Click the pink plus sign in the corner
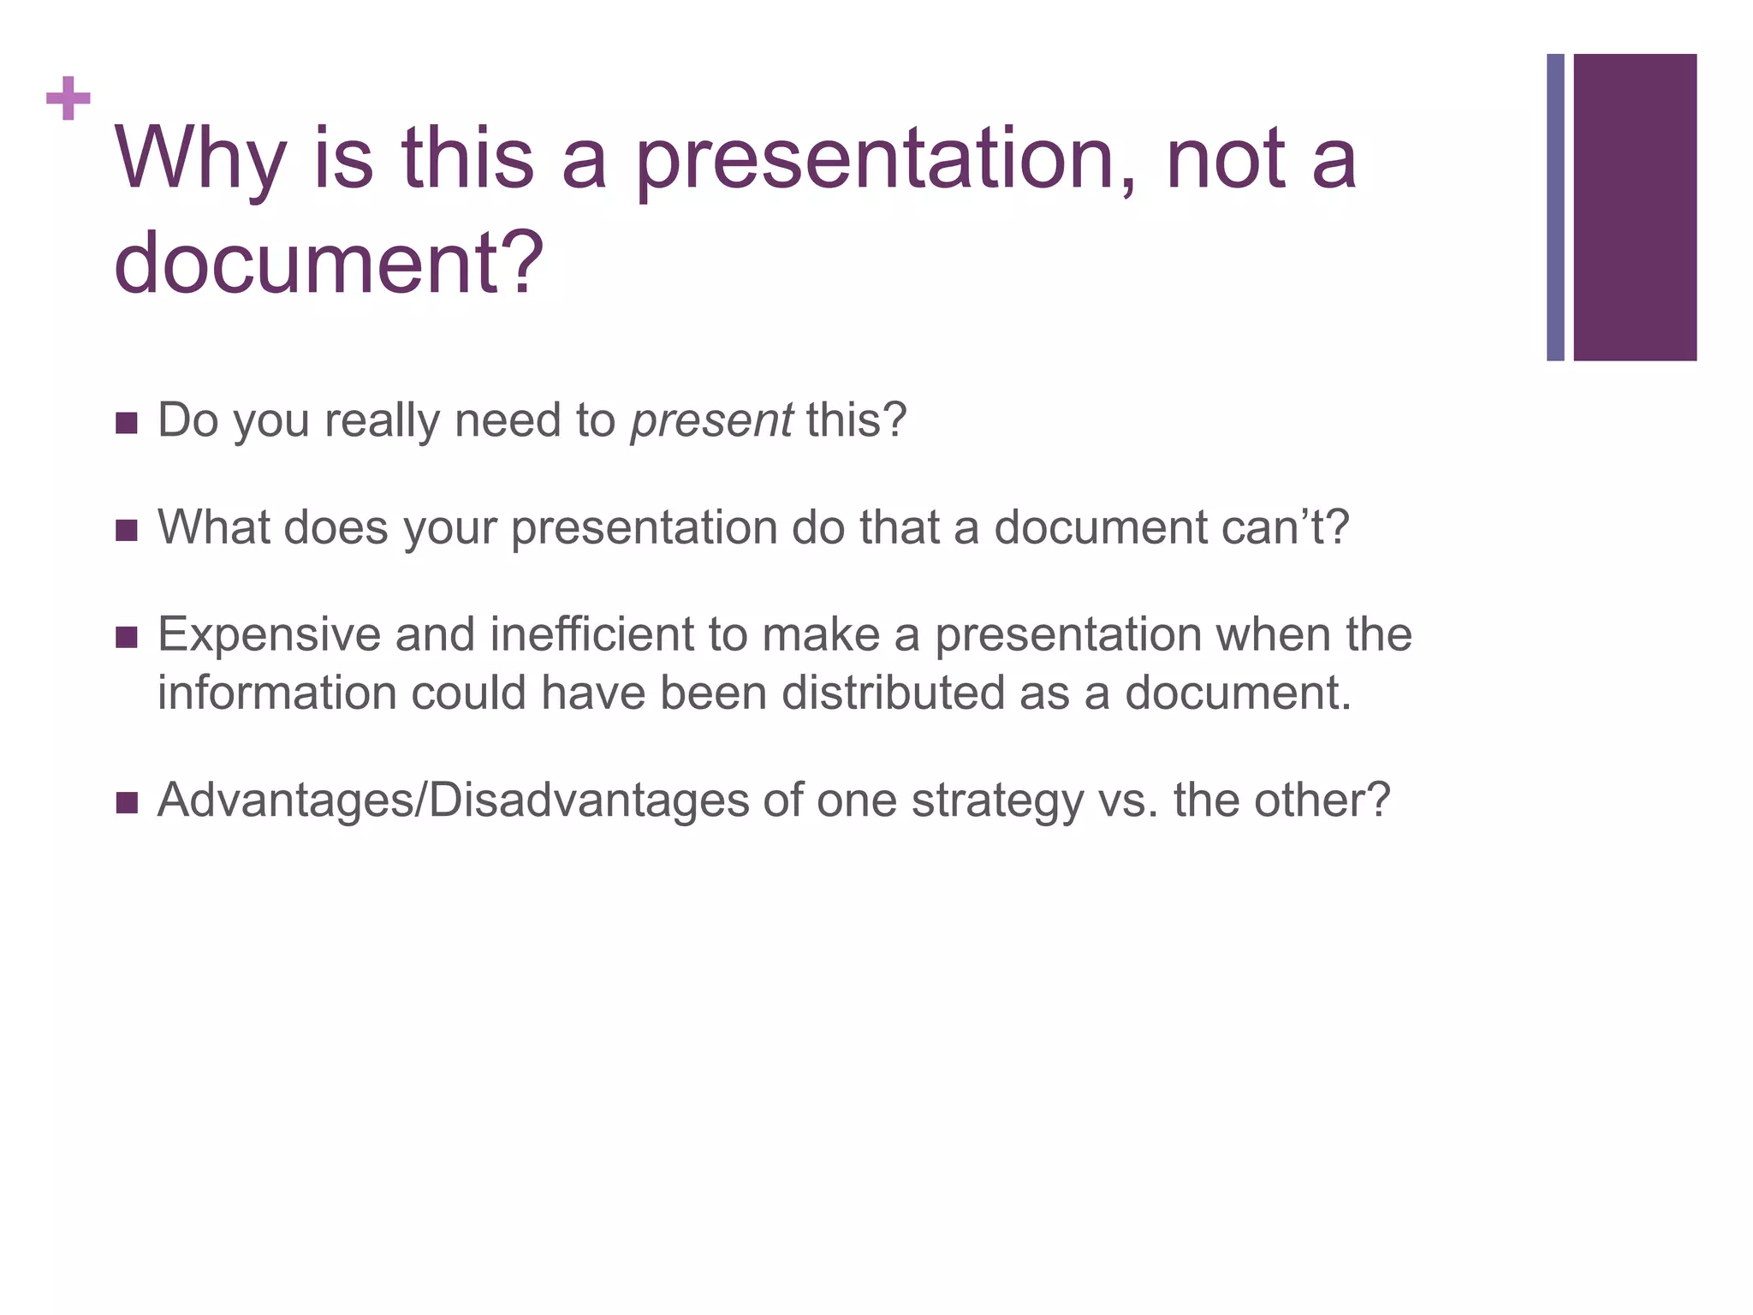[68, 99]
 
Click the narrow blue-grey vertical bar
[1555, 207]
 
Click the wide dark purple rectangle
[1635, 207]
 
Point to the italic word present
[710, 421]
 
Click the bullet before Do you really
[126, 423]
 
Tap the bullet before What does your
[126, 531]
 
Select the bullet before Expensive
[126, 638]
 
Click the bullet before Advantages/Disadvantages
[126, 803]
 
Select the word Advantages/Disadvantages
[453, 801]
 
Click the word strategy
[996, 801]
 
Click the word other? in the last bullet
[1322, 801]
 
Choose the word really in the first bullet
[382, 421]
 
